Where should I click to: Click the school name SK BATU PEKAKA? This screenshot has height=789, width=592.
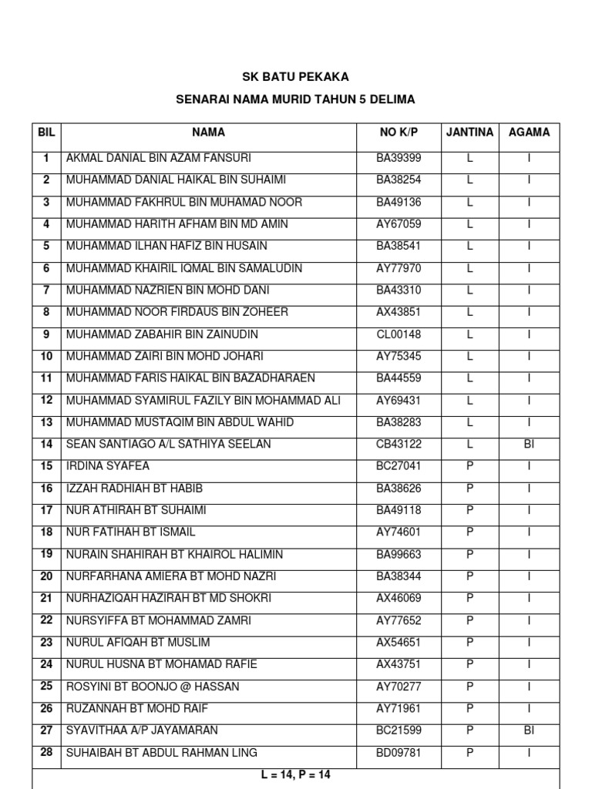pos(295,77)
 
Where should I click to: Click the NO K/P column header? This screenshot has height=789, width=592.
pos(399,133)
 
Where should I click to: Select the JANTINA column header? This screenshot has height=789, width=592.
pos(469,133)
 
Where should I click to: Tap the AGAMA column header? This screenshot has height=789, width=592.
pos(529,133)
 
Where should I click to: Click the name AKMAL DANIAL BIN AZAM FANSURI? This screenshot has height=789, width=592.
pos(159,158)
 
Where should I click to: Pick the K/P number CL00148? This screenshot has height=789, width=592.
pos(399,334)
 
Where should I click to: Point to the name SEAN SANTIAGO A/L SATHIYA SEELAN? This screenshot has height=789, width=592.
pos(169,445)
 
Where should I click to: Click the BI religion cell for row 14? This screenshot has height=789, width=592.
pos(529,445)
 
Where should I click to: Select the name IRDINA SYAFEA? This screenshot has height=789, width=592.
pos(108,466)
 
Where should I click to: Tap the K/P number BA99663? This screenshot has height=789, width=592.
pos(399,555)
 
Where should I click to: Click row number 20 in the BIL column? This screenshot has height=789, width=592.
pos(46,576)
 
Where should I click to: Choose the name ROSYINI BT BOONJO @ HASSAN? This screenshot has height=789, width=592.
pos(153,687)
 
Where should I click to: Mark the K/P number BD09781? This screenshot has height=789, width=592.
pos(399,753)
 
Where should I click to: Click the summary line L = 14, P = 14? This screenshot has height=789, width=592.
pos(295,775)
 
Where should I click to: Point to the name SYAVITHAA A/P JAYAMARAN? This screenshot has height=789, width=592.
pos(142,730)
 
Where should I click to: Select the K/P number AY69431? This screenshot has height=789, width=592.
pos(399,401)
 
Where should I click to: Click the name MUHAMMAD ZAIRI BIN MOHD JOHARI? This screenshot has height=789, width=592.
pos(165,356)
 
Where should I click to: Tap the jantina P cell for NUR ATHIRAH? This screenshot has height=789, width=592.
pos(469,510)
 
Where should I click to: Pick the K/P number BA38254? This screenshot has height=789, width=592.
pos(399,180)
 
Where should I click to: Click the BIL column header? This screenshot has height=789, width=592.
pos(46,133)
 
